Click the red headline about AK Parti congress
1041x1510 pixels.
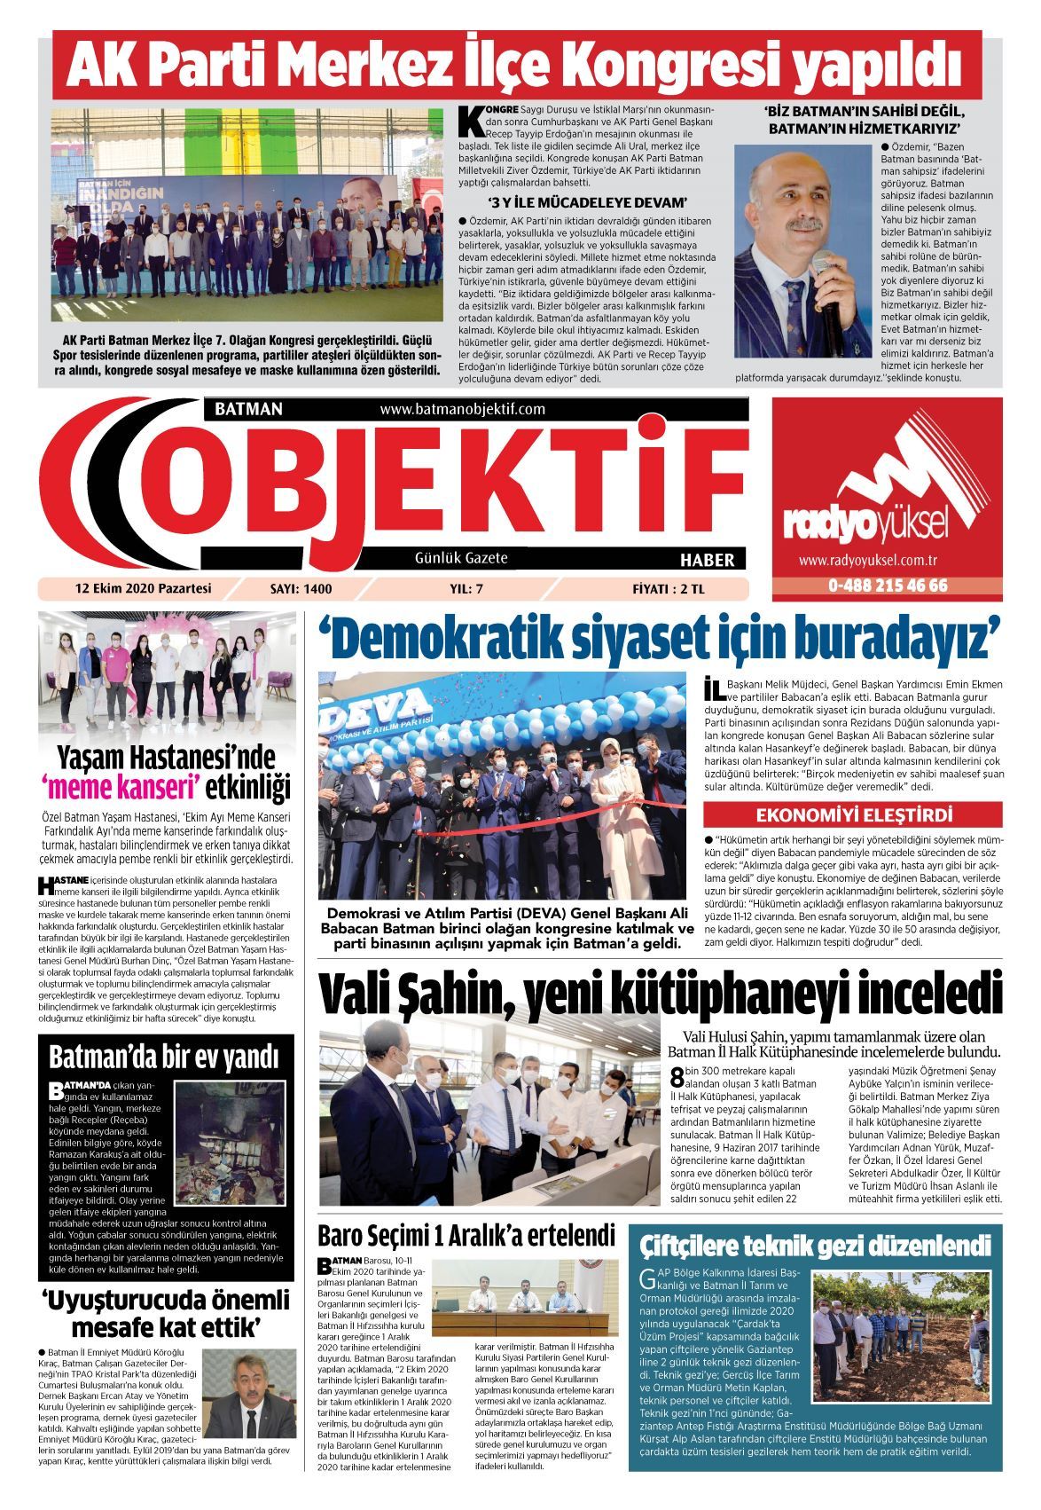tap(516, 65)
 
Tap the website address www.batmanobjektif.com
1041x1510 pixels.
tap(462, 409)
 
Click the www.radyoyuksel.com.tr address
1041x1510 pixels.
tap(868, 561)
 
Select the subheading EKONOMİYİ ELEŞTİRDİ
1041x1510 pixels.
tap(854, 815)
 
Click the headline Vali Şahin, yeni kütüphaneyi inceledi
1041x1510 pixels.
tap(661, 997)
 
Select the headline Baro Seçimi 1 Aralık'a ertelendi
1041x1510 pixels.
tap(466, 1235)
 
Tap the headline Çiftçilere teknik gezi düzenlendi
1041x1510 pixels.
tap(815, 1245)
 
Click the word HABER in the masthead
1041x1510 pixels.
tap(707, 560)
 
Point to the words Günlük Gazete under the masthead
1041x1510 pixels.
tap(461, 558)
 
